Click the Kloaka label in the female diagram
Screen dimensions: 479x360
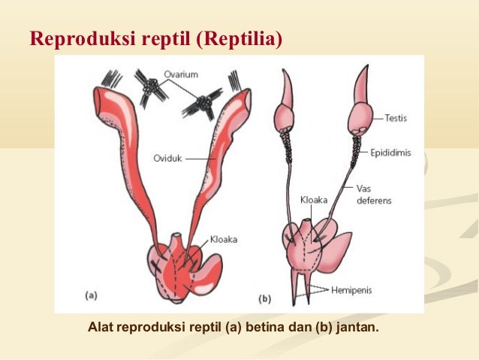click(223, 240)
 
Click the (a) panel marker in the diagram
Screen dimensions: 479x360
click(89, 296)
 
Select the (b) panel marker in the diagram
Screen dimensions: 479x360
click(265, 299)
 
